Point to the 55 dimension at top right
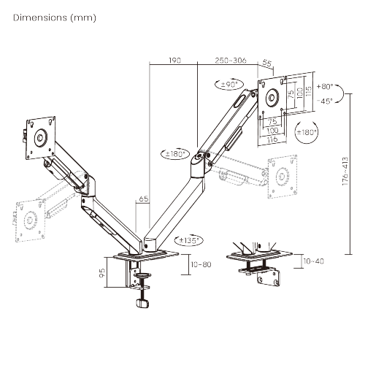point(266,64)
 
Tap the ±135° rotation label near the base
point(190,239)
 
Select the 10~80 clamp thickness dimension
point(200,264)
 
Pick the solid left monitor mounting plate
point(39,134)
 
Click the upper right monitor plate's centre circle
point(276,94)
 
